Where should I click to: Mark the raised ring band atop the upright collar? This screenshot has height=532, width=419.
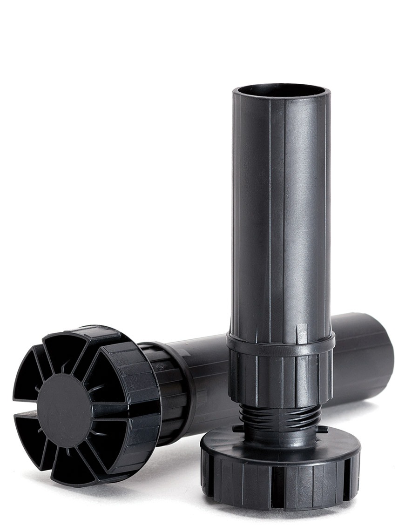[280, 342]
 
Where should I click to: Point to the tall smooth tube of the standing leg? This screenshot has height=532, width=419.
[281, 209]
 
